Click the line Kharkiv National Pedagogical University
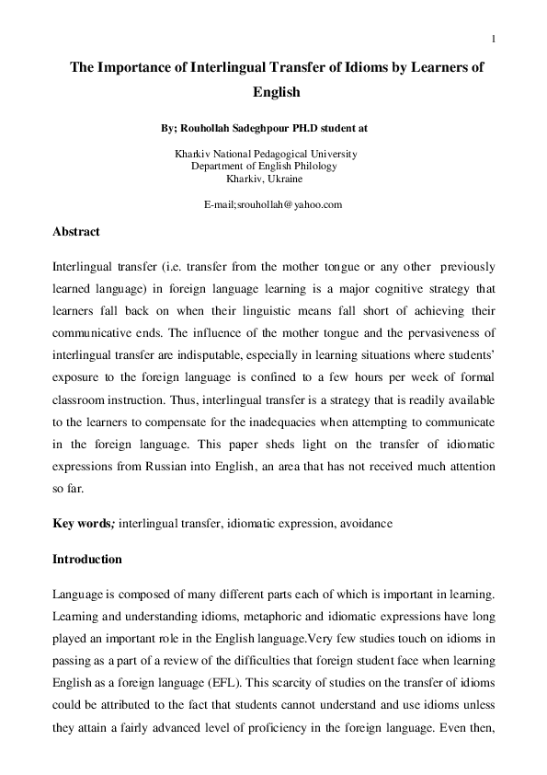tap(266, 154)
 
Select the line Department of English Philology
tap(264, 166)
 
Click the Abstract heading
tap(76, 232)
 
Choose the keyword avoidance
tap(366, 523)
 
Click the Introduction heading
tap(87, 559)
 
